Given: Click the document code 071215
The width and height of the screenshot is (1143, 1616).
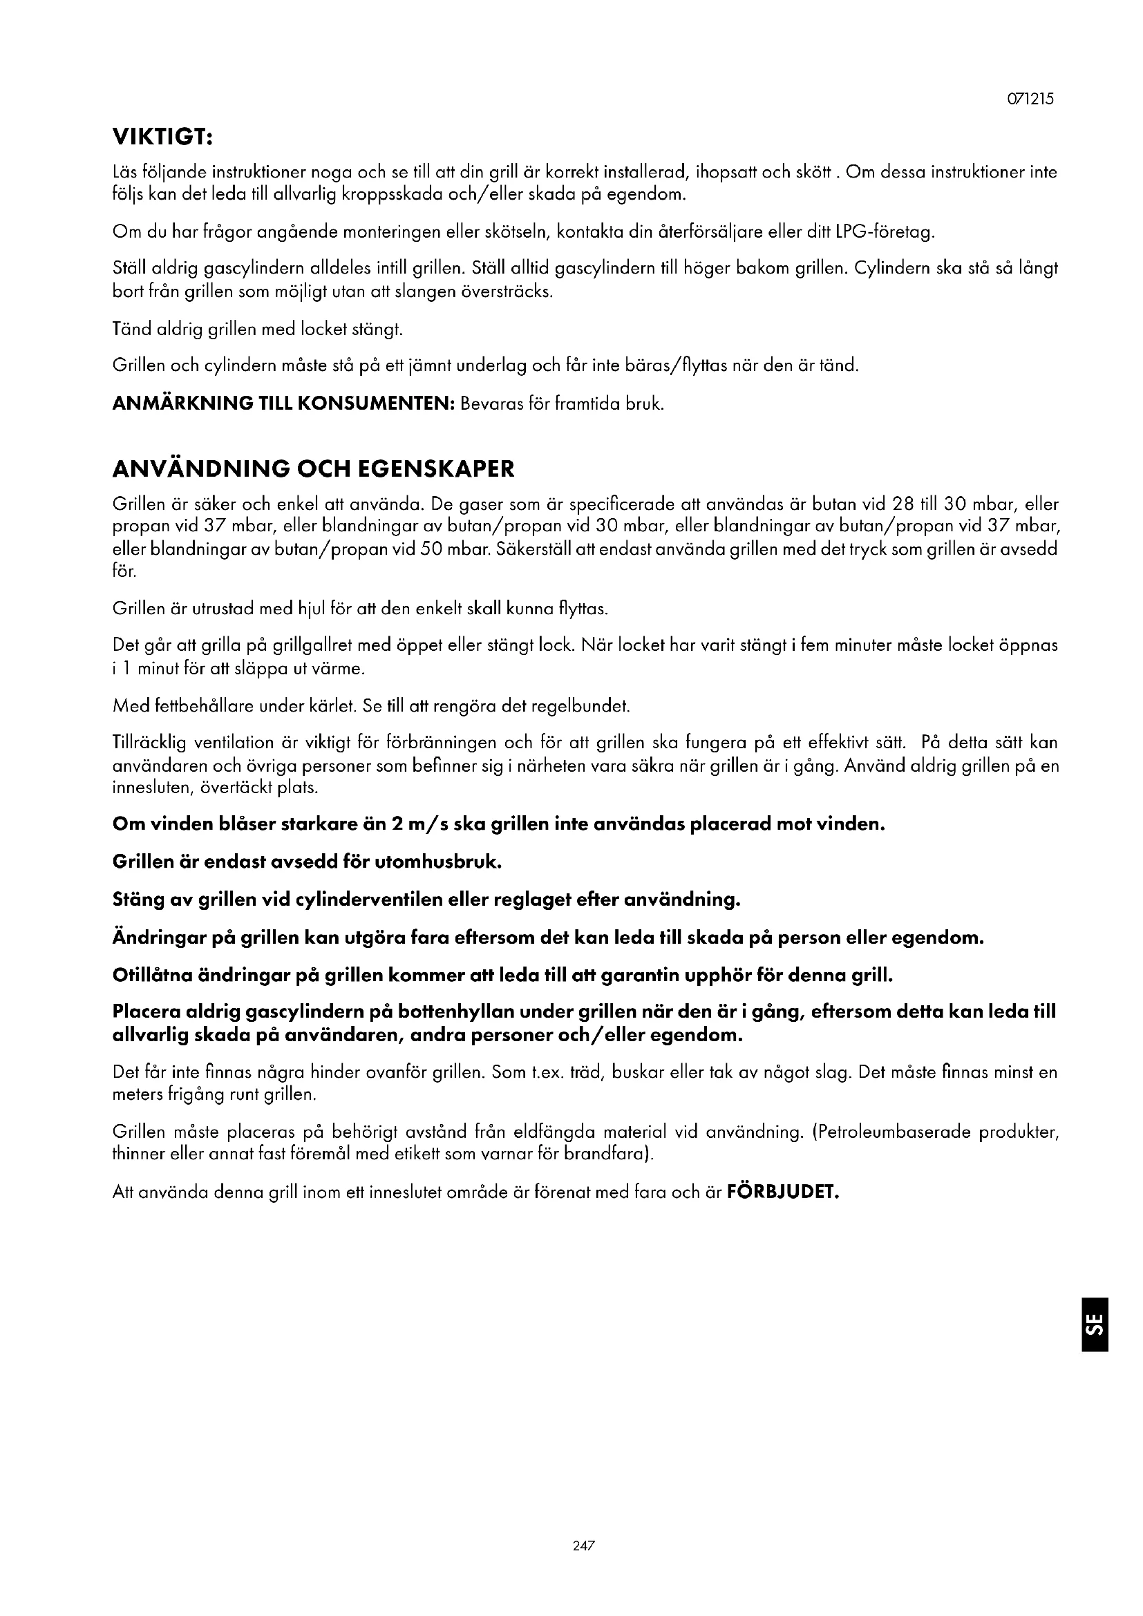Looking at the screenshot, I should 1032,99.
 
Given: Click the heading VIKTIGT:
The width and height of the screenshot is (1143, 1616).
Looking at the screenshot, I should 162,138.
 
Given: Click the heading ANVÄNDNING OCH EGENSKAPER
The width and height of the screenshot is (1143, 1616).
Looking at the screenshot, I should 313,468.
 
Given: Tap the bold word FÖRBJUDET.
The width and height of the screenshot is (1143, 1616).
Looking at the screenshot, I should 783,1192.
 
